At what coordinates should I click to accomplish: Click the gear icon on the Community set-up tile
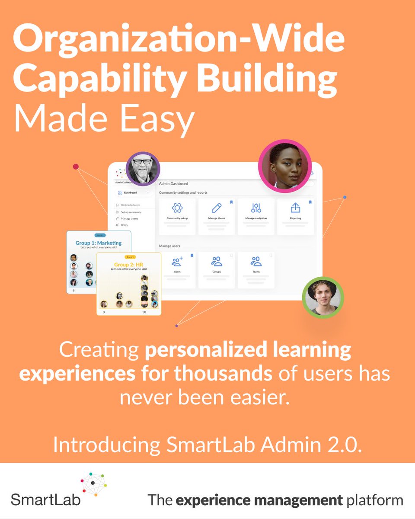click(177, 208)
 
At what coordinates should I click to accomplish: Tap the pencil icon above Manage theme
click(217, 208)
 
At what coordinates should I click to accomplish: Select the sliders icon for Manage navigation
click(256, 208)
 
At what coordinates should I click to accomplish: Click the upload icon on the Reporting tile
click(295, 208)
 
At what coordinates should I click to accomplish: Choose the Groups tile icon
click(217, 261)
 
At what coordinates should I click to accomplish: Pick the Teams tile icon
click(256, 261)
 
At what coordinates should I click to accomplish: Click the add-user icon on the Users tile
click(177, 261)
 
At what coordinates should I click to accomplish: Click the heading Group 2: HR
click(128, 264)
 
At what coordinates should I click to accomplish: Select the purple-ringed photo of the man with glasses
click(143, 169)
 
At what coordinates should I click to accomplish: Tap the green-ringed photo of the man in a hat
click(322, 297)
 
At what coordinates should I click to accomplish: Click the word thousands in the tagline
click(223, 373)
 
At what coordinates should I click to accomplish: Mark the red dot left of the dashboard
click(76, 167)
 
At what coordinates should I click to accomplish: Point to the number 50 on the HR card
click(144, 312)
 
